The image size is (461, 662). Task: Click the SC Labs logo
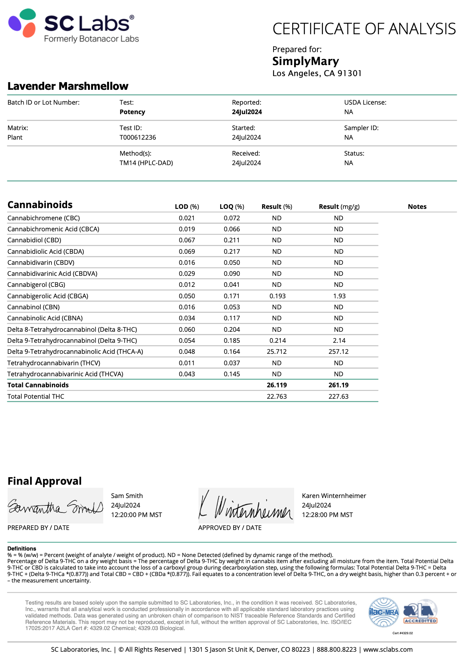[72, 26]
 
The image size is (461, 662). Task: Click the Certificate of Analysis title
[364, 29]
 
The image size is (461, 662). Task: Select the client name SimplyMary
[306, 61]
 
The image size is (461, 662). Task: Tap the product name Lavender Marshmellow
[68, 86]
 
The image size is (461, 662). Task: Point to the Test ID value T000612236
[138, 137]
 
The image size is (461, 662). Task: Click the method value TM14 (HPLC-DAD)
[146, 163]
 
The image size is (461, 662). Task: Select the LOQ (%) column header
[232, 207]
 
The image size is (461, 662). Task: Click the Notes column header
[417, 207]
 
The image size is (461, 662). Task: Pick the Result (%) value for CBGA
[277, 296]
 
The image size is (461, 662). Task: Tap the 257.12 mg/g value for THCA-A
[338, 352]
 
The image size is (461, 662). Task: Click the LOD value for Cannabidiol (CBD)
[187, 240]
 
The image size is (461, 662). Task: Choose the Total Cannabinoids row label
[38, 385]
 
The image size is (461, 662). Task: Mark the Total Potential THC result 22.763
[277, 396]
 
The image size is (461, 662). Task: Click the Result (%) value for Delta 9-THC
[277, 341]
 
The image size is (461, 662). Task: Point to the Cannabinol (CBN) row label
[34, 307]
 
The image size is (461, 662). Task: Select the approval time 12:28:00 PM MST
[327, 515]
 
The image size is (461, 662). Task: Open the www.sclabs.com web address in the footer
[388, 649]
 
